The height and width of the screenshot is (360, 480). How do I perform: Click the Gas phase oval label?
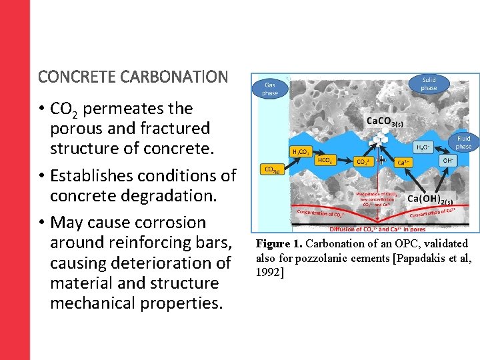(x=270, y=89)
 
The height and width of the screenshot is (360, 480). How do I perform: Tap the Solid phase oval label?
(x=429, y=84)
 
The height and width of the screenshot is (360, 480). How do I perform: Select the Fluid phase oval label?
(x=463, y=143)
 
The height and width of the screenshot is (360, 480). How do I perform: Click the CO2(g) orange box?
(x=272, y=169)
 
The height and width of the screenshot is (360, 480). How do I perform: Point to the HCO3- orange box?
(x=325, y=161)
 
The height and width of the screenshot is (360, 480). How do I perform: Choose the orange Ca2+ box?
(x=403, y=162)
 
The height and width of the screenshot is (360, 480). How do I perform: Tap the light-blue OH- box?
(x=449, y=161)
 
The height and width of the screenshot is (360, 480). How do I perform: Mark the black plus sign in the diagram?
(x=381, y=160)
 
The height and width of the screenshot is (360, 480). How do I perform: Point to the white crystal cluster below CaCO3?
(x=378, y=139)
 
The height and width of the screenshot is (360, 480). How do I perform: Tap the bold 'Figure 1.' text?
(x=279, y=244)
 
